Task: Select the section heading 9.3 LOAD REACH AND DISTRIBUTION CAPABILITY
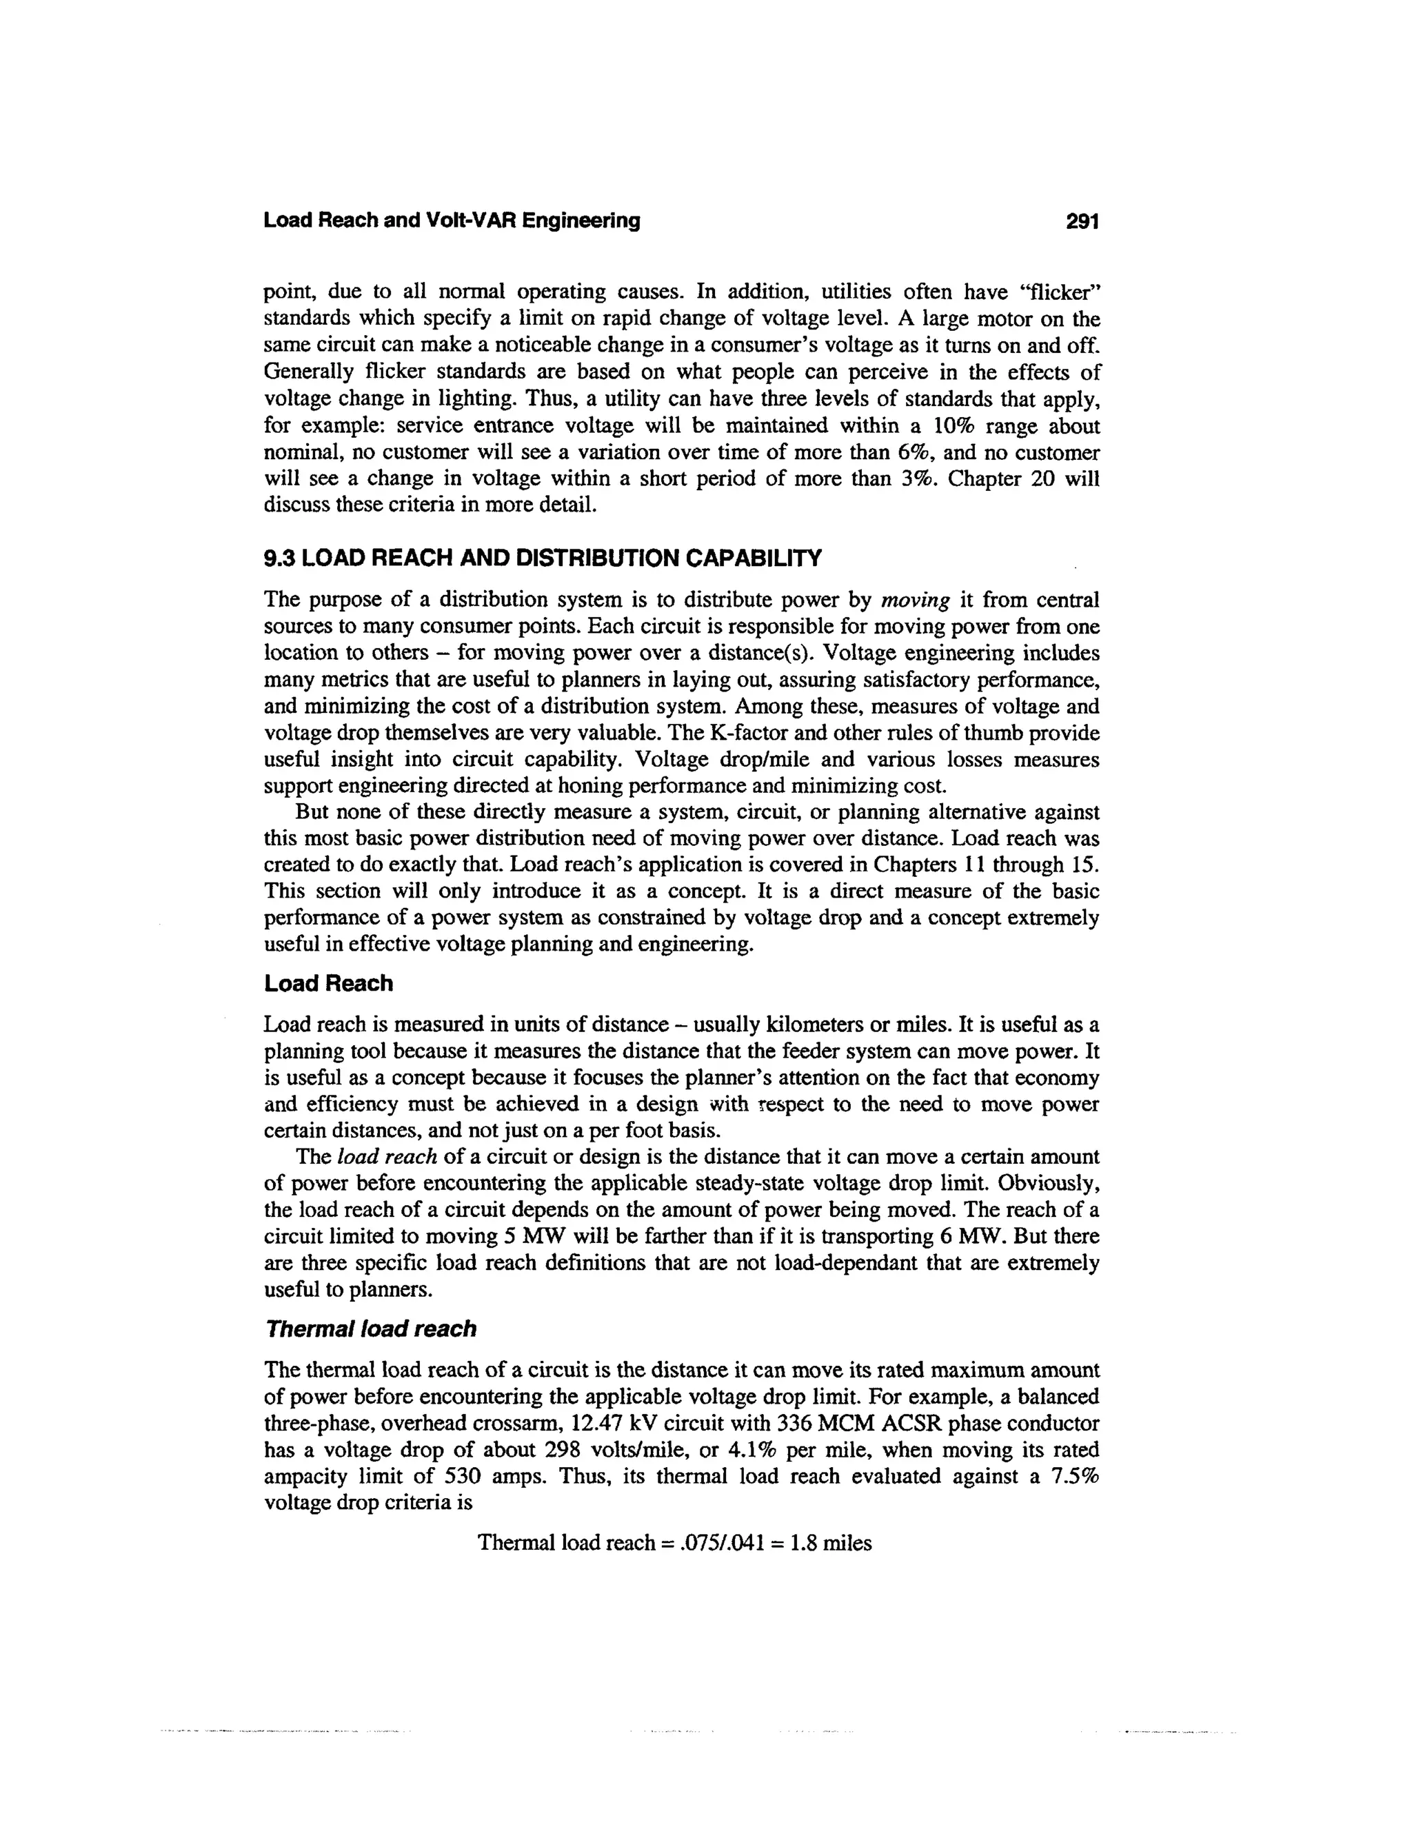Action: (543, 557)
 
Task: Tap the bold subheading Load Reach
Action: (328, 983)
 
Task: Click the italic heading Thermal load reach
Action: (370, 1329)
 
